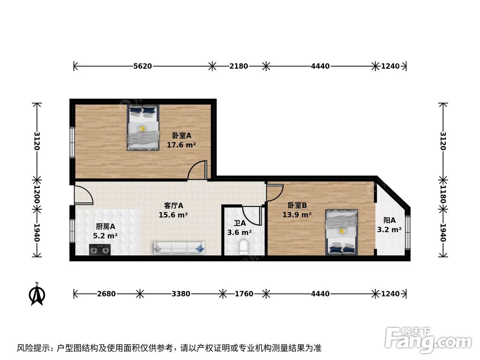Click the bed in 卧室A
click(143, 128)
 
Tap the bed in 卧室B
click(341, 231)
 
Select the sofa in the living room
click(179, 247)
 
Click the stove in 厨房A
click(100, 250)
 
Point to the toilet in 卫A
click(243, 247)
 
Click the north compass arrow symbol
click(37, 294)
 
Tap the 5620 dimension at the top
click(143, 66)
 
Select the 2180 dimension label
click(239, 66)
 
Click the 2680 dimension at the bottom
click(106, 294)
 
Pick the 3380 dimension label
click(181, 294)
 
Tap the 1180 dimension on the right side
click(443, 194)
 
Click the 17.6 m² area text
click(181, 144)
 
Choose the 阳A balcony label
click(389, 220)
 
